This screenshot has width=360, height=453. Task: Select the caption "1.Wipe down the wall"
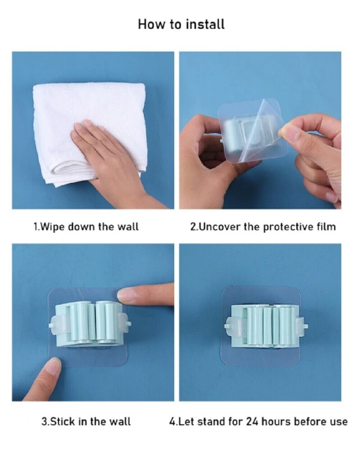(x=86, y=226)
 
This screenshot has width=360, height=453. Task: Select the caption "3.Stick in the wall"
(x=86, y=421)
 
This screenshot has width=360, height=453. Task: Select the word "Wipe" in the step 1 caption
(x=52, y=226)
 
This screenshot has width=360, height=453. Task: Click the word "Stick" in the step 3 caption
(x=63, y=421)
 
